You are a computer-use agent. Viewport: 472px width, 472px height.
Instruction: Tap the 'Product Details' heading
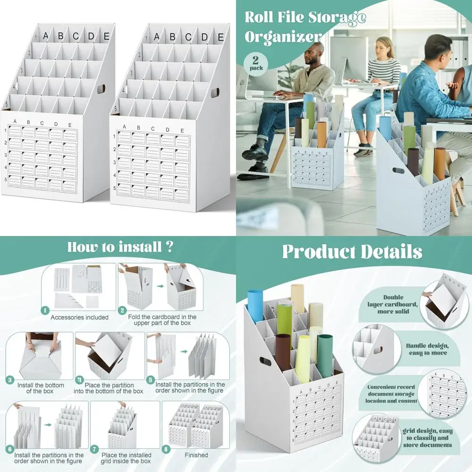[352, 252]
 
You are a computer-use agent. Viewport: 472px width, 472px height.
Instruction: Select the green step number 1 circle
[45, 310]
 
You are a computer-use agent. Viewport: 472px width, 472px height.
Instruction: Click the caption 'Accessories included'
[79, 317]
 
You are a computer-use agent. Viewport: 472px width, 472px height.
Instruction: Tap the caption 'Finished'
[196, 455]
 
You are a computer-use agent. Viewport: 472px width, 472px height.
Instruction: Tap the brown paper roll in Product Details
[283, 352]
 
